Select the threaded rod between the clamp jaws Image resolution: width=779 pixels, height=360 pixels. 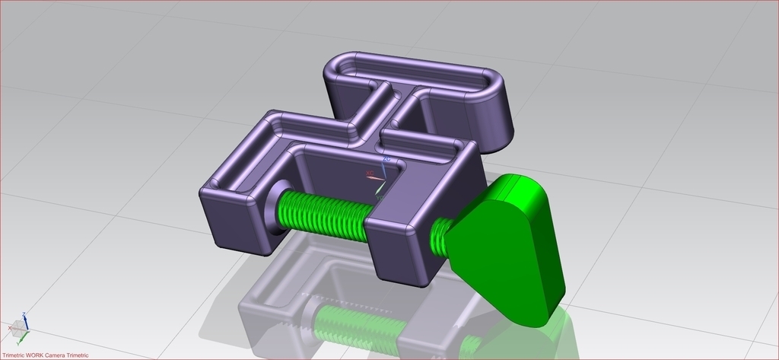pos(323,213)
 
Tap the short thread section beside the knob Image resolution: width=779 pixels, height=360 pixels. pos(440,233)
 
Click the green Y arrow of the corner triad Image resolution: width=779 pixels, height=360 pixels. pos(24,336)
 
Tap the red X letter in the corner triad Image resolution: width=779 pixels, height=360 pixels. pos(9,328)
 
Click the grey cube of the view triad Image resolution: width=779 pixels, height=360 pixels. pos(18,328)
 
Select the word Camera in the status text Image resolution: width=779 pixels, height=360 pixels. pos(56,355)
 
